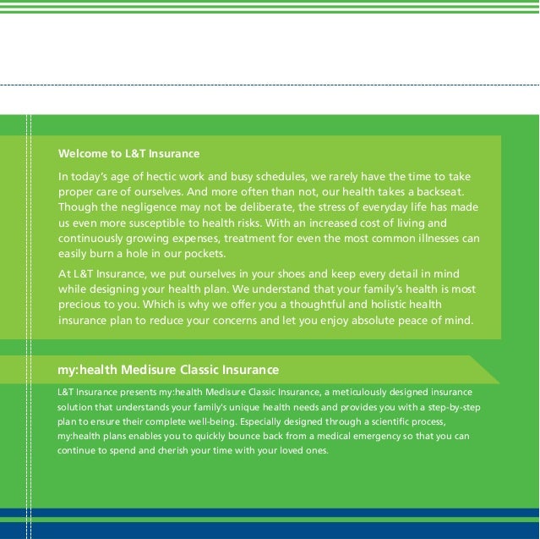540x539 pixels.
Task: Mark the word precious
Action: (83, 305)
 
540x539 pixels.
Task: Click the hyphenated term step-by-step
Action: (456, 407)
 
